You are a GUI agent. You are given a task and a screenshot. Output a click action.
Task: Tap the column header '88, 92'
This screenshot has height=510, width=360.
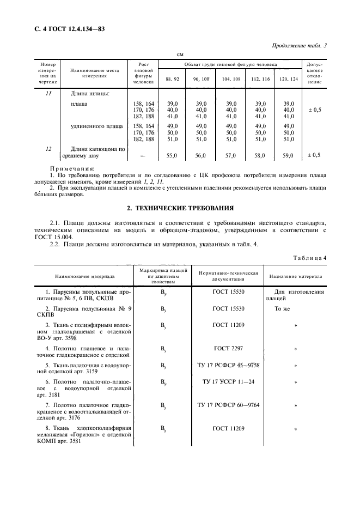point(172,79)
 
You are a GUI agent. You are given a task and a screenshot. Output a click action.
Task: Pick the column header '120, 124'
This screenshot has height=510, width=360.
point(289,79)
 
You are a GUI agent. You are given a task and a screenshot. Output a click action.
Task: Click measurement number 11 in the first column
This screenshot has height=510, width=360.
point(48,93)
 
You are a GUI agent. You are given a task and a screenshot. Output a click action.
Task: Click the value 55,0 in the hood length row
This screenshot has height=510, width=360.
point(172,155)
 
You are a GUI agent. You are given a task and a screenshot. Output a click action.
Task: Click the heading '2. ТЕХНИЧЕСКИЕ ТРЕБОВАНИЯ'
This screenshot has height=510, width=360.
point(180,208)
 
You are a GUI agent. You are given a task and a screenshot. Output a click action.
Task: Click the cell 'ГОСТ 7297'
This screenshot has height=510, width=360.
point(229,347)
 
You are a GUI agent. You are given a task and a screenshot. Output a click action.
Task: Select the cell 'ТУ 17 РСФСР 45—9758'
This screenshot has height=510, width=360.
point(229,365)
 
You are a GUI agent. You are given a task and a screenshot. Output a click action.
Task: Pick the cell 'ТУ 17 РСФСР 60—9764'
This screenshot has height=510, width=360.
point(229,405)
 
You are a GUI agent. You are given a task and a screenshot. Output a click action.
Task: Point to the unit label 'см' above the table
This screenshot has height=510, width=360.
point(180,54)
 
